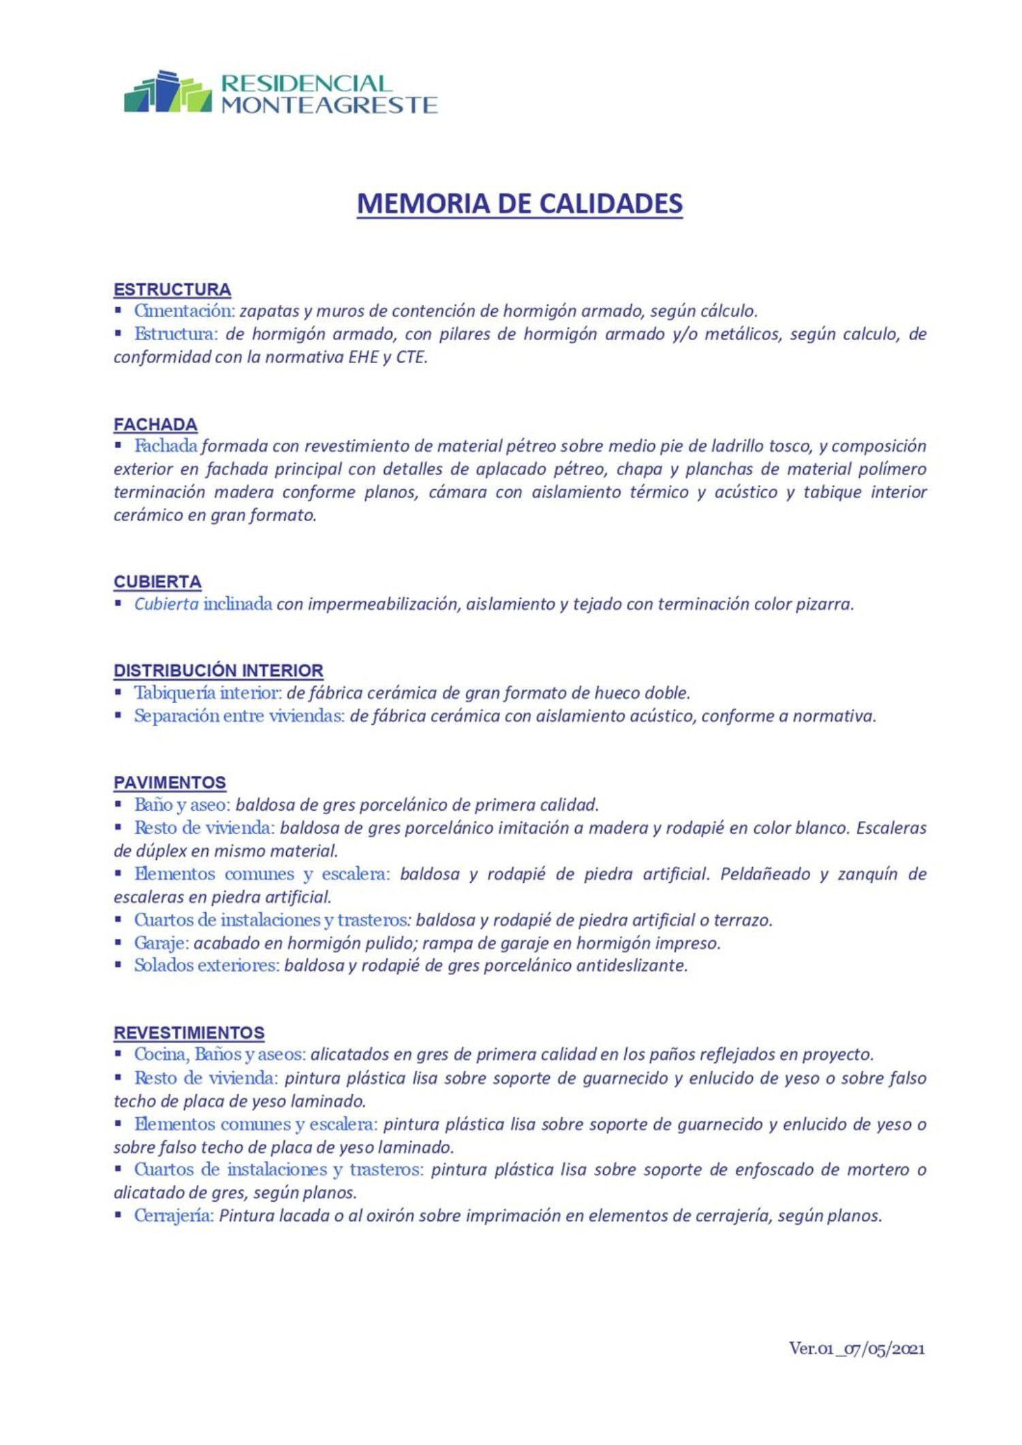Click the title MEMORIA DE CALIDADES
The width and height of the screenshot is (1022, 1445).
(x=519, y=204)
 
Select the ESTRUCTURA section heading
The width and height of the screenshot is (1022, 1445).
(x=172, y=290)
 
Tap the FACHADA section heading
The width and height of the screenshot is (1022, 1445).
(x=155, y=424)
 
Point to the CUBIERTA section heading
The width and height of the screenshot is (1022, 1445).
(x=157, y=582)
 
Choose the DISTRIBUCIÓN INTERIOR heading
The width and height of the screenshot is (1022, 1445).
(x=218, y=670)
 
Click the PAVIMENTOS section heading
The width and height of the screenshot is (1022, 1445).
(x=170, y=782)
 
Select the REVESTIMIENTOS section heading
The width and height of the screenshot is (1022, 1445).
(x=189, y=1033)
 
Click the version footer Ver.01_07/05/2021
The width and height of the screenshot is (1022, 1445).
(x=856, y=1348)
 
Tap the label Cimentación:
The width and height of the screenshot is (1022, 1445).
(x=184, y=311)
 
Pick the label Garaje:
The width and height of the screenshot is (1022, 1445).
(x=161, y=943)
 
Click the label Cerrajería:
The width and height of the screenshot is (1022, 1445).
(x=174, y=1216)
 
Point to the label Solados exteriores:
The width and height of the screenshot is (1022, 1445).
(x=206, y=965)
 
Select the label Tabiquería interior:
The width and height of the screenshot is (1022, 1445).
(x=208, y=693)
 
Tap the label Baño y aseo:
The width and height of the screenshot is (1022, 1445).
(x=183, y=805)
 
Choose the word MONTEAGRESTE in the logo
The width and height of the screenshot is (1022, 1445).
(x=329, y=105)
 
